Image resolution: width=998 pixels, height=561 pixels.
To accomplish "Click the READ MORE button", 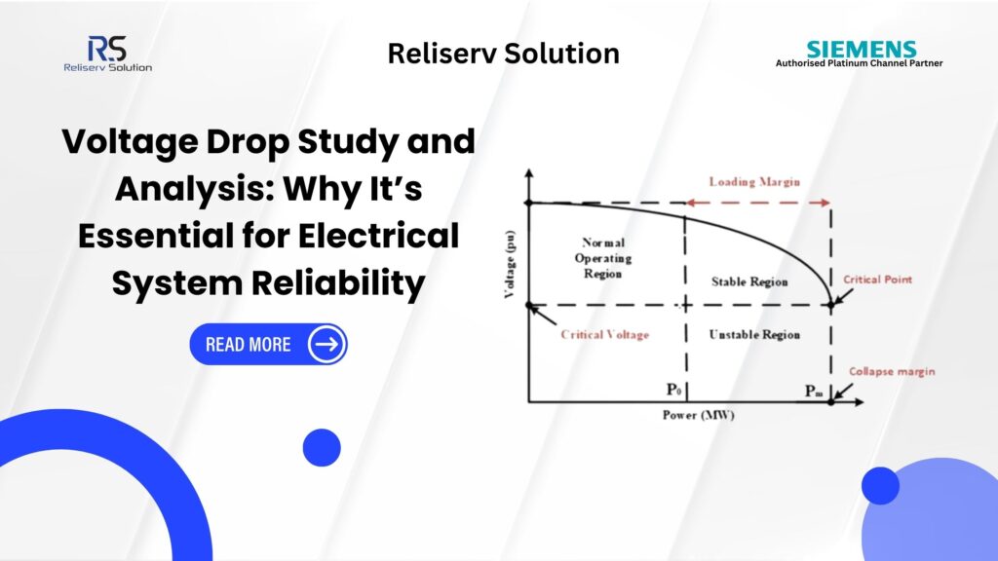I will (268, 345).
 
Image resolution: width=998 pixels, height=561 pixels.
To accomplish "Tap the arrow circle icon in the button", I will (326, 345).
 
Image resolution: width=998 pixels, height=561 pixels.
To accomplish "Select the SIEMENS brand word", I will (862, 49).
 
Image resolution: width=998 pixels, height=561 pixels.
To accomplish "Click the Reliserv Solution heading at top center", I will (503, 54).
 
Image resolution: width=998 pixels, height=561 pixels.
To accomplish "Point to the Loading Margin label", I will (754, 182).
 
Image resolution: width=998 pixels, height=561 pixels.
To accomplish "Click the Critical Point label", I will (878, 280).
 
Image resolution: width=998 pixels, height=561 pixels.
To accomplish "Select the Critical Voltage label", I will (604, 334).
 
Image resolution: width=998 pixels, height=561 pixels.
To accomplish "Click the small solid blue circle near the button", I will (322, 447).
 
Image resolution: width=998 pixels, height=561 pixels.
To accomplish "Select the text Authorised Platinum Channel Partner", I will (859, 63).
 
